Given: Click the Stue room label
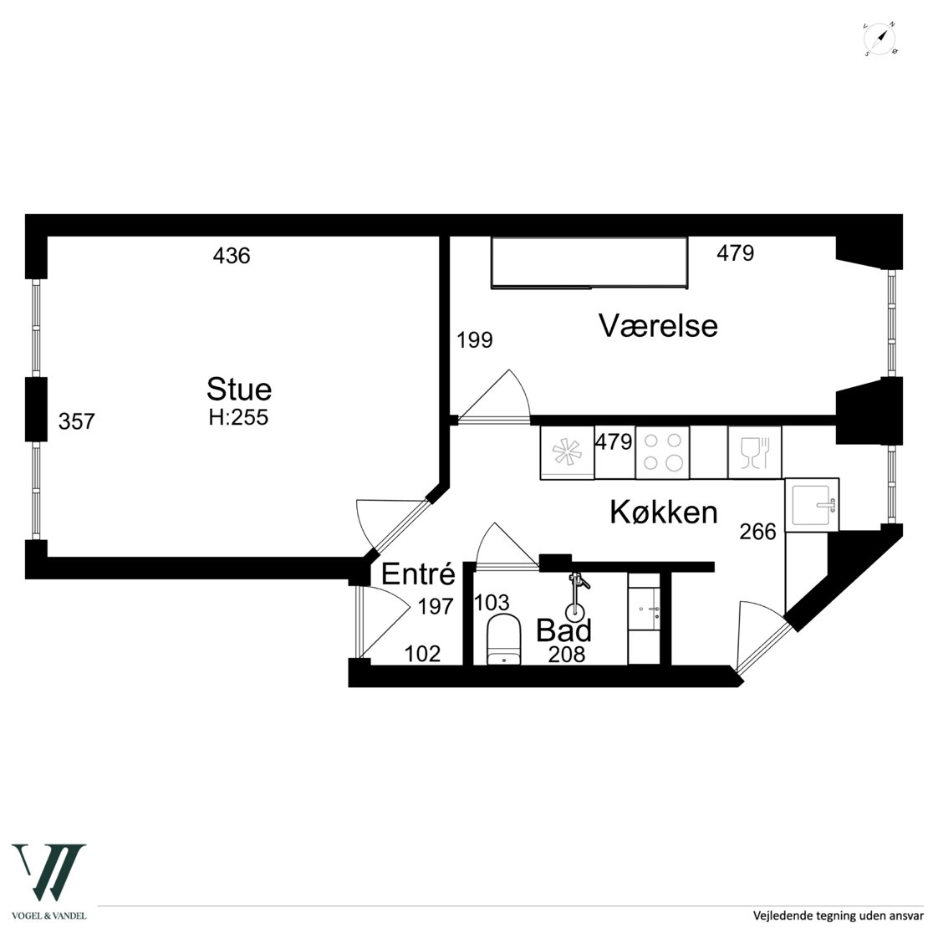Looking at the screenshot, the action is point(239,390).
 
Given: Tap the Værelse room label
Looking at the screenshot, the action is point(658,325).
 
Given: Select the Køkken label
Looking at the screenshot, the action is point(664,512).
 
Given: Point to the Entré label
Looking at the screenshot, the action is point(418,574).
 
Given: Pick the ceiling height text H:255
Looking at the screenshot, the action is point(238,417).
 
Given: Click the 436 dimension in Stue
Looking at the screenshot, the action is point(232,256).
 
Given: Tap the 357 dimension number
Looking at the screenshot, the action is point(76,421).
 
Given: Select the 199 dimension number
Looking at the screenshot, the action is point(475,340).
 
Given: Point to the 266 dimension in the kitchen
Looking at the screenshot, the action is point(757,532).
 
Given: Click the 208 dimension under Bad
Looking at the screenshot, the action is point(566,654).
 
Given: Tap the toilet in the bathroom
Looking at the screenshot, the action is point(503,640).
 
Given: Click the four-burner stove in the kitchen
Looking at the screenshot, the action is point(662,452).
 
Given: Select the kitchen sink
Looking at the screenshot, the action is point(812,505).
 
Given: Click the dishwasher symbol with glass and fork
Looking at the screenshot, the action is point(755,452).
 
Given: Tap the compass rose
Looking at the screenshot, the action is point(880,39).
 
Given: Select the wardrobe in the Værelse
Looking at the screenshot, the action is point(589,263).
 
